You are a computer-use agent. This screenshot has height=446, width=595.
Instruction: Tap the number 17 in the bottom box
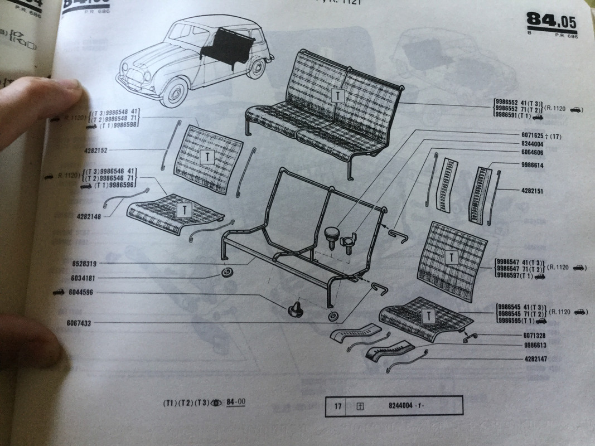(x=337, y=406)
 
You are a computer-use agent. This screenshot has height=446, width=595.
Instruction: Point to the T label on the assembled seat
(x=338, y=96)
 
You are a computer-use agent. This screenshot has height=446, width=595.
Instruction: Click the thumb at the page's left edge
(x=45, y=106)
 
